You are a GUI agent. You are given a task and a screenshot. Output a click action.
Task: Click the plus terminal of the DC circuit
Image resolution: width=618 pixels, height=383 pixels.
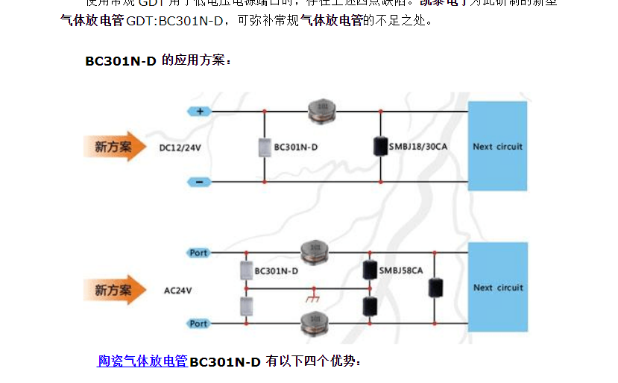199,111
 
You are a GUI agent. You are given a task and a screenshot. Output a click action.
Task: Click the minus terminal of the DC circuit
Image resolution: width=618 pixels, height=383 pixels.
199,182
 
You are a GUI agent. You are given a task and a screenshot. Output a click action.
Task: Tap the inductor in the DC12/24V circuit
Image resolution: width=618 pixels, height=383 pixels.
322,111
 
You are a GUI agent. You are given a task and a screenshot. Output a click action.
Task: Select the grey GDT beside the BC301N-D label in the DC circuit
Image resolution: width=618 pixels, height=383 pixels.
263,147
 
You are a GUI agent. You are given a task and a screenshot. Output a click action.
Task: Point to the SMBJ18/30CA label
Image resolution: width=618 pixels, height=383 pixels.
418,147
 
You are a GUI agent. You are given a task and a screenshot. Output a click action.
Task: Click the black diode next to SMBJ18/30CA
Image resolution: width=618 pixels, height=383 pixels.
380,146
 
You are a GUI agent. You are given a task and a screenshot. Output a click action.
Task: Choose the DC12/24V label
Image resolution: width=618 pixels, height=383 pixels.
180,148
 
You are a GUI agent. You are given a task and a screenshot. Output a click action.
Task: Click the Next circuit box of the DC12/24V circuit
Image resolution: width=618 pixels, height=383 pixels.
497,146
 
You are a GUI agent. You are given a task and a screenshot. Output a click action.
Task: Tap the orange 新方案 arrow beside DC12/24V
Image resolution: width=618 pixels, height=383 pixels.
114,147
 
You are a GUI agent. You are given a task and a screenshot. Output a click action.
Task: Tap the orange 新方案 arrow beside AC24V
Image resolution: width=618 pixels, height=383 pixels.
114,290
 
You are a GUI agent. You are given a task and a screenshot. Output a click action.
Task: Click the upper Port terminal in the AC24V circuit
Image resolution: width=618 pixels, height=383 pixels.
198,253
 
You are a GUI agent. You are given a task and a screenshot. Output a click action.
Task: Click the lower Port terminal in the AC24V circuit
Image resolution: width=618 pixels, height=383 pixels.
198,323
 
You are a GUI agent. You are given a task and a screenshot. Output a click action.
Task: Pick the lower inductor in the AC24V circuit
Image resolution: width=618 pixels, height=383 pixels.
312,323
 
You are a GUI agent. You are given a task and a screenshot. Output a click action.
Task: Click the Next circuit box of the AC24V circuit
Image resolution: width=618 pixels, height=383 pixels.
497,287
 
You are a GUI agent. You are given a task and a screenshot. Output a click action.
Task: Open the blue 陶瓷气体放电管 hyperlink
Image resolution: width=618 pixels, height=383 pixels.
142,361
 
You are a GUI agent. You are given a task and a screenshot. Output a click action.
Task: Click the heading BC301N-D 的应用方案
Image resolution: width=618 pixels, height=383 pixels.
158,61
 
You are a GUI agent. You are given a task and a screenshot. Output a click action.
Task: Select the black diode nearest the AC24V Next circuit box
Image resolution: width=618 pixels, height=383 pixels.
437,287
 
